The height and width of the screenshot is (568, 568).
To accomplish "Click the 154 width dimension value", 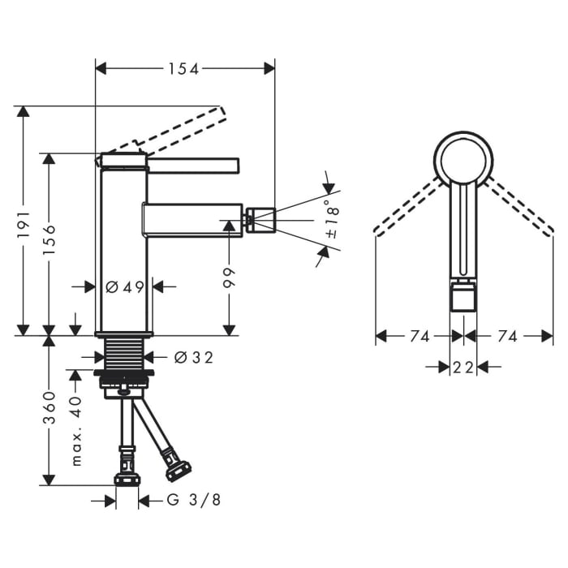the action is coord(183,69).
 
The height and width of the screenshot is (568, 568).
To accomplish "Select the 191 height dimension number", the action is coord(24,226).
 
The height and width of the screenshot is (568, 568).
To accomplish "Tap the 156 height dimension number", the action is coord(49,239).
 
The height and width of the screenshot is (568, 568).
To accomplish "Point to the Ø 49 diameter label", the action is coord(124,287).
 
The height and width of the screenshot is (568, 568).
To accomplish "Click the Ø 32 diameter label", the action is coord(193,358).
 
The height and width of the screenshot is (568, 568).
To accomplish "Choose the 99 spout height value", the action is coord(229,278).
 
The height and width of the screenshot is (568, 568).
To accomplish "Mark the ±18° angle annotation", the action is coord(333,218).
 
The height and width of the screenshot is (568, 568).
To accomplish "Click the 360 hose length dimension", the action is coord(49,408).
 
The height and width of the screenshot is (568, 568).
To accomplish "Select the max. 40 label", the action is coord(76,430).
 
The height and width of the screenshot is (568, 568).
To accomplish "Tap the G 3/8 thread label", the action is coord(193,501).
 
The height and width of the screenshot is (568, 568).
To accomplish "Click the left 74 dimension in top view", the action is coord(420,337).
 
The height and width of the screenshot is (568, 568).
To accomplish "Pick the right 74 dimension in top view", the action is coord(507,337).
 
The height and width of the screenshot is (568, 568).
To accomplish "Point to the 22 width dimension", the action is coord(463,368).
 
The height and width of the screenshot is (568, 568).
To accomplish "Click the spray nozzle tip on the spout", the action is coord(260,220).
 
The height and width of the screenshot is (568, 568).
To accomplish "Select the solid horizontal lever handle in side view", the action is coord(193,166).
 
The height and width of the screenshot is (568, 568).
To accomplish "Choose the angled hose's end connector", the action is coord(178,470).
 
